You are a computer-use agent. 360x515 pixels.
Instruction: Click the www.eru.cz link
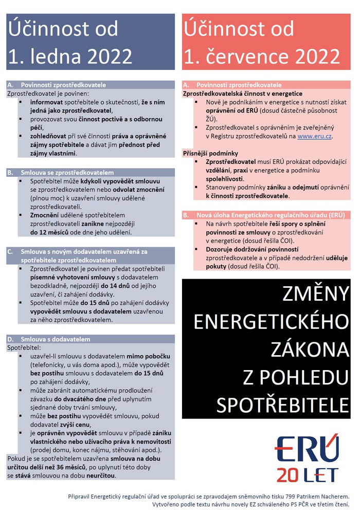coord(315,137)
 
